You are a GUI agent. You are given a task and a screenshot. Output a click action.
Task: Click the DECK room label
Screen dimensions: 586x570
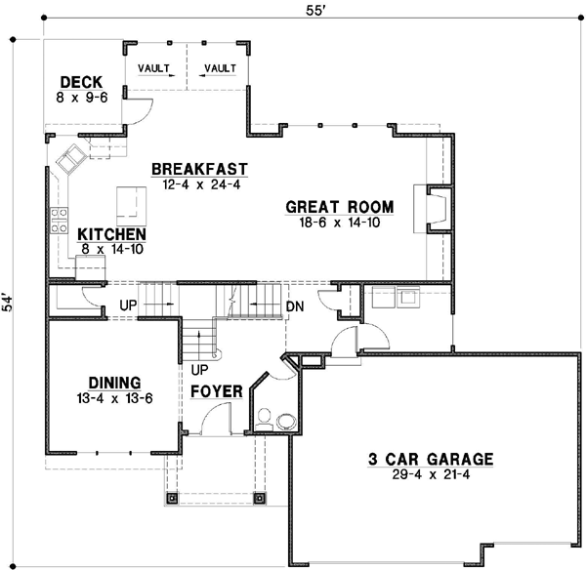(81, 82)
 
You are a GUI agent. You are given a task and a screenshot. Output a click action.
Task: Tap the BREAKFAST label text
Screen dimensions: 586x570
(199, 169)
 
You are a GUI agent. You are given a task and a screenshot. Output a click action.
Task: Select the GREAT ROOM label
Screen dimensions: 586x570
(339, 207)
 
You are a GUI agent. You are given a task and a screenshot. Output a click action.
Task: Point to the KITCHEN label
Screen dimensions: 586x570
(111, 234)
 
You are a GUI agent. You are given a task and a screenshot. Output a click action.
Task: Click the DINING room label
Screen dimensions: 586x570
(114, 384)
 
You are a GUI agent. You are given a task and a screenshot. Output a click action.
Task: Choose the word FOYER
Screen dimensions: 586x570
(217, 391)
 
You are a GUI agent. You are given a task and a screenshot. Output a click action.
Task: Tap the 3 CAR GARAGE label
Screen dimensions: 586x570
(431, 459)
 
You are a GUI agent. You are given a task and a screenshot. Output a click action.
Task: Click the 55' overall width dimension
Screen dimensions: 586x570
(314, 11)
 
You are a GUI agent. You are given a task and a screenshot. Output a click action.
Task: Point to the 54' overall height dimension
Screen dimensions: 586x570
(8, 304)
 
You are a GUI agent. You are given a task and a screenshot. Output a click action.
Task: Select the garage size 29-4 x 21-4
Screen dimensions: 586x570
(431, 474)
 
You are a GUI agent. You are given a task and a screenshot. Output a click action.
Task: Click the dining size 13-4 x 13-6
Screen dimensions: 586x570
(114, 398)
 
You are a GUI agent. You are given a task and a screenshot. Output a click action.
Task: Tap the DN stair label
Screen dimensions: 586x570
(295, 306)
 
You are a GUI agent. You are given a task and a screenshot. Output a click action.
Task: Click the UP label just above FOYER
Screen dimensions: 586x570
(199, 370)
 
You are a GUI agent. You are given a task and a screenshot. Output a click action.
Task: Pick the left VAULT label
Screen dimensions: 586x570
(153, 68)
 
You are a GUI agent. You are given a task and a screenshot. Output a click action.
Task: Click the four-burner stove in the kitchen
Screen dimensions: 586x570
(59, 221)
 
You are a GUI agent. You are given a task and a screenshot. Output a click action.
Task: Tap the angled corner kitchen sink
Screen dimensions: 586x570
(71, 159)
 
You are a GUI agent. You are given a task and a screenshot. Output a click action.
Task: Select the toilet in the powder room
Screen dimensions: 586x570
(265, 420)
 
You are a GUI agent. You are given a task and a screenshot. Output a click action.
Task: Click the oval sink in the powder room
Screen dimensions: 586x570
(286, 421)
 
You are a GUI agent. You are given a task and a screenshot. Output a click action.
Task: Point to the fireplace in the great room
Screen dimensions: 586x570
(434, 209)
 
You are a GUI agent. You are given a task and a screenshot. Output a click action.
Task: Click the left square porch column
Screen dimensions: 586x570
(172, 498)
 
